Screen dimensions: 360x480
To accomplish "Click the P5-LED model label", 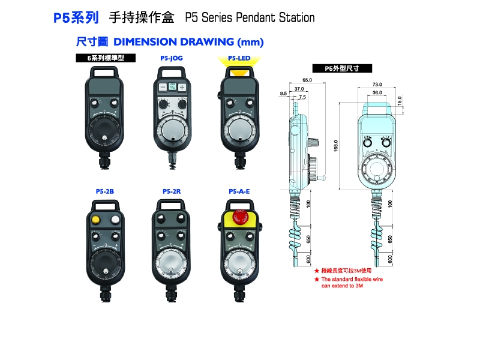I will click(x=239, y=58).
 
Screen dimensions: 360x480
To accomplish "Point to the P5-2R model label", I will click(x=172, y=191).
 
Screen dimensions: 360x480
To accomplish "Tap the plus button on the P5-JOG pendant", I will click(x=182, y=87).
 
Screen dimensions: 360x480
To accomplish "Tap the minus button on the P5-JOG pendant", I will click(x=162, y=87).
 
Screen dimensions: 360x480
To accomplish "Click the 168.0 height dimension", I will click(x=337, y=146).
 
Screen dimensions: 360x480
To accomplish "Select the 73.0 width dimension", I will click(x=377, y=84).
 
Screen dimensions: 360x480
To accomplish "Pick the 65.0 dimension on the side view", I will click(x=307, y=80).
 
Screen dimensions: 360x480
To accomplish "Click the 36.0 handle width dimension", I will click(x=377, y=93).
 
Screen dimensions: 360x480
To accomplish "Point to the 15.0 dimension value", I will click(x=400, y=100).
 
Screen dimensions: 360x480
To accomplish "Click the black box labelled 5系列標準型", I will click(x=106, y=58).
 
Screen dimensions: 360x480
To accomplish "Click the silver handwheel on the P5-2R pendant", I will click(x=172, y=263).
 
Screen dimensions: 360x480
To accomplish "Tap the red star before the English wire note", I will click(x=317, y=279).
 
